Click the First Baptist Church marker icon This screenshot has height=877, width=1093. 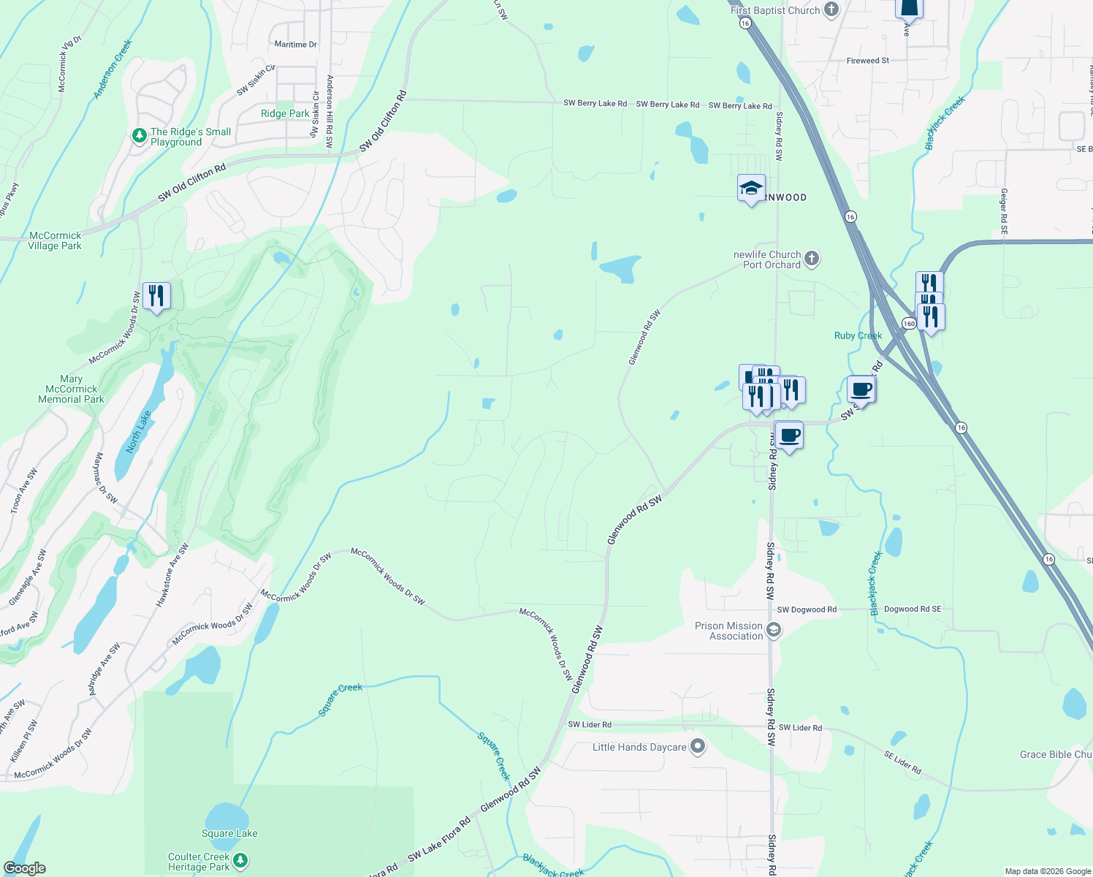point(831,10)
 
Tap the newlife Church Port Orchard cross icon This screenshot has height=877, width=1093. point(812,259)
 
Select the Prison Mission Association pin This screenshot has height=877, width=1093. point(774,630)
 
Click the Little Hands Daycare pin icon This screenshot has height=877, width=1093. point(698,747)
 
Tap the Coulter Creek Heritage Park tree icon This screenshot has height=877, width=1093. point(240,862)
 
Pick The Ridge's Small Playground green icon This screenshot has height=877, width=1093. point(139,136)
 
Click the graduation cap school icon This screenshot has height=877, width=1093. point(751,189)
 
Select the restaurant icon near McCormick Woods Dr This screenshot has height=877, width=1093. point(156,296)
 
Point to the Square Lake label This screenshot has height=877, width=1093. point(229,833)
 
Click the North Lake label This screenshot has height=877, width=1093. point(138,431)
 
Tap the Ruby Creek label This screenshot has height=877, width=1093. point(858,335)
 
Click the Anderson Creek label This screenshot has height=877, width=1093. point(113,69)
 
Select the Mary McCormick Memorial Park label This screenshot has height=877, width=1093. point(71,389)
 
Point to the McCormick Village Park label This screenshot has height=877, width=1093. point(55,240)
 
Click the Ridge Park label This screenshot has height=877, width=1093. point(285,113)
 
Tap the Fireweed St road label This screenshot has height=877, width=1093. point(867,61)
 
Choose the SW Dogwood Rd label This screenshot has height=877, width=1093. point(807,610)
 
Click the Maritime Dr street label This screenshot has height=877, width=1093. point(295,45)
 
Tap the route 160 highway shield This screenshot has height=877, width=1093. point(908,323)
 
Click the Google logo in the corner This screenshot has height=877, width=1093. point(25,868)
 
